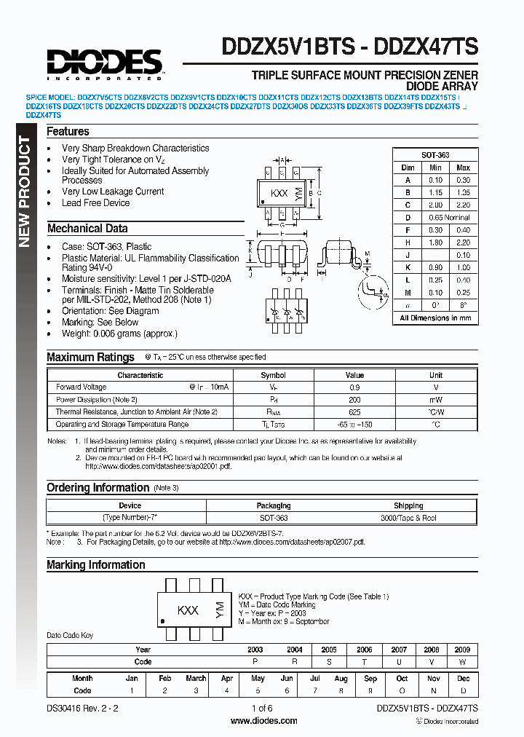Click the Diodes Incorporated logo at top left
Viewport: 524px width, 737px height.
[106, 63]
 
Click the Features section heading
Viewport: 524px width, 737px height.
[68, 132]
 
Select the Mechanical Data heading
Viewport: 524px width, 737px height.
[87, 229]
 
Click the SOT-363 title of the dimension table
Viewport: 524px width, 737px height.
[435, 155]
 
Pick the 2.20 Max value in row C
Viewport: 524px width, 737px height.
[463, 205]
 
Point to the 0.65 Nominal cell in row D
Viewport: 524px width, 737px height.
[448, 218]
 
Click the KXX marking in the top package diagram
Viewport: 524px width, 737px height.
[279, 194]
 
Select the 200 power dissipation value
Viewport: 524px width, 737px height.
[354, 400]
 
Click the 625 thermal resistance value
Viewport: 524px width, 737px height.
[354, 412]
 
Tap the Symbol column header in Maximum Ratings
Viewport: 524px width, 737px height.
[274, 376]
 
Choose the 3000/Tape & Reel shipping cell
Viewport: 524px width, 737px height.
[408, 518]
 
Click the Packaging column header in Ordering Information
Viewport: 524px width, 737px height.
[274, 505]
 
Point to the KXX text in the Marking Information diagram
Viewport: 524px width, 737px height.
[188, 610]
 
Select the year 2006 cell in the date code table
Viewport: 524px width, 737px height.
[364, 650]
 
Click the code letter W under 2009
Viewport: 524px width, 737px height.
[462, 662]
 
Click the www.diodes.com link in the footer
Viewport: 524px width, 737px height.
[263, 721]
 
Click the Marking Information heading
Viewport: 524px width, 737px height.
[96, 565]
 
